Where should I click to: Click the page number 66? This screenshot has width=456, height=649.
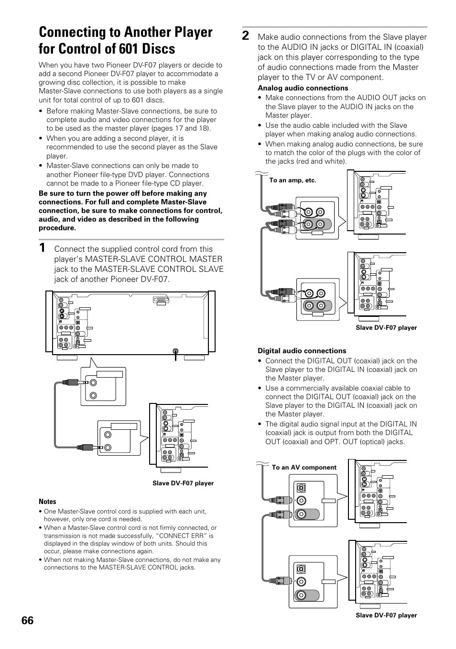pos(28,620)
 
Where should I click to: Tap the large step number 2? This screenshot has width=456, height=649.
pos(246,36)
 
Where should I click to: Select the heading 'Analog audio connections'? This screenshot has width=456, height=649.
pos(303,88)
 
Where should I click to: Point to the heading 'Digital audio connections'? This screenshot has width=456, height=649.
pos(302,351)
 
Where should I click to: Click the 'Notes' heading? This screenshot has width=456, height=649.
pos(47,502)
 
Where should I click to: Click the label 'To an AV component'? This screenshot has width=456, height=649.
pos(304,468)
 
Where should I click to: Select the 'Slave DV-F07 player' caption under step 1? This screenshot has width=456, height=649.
pos(183,483)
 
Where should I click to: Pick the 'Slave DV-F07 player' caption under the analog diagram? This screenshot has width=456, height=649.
pos(386,328)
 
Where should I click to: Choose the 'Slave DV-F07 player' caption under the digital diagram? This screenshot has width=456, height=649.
pos(386,615)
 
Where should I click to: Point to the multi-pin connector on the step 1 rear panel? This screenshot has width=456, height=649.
pos(161,300)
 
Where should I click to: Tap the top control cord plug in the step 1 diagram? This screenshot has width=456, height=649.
pos(72,382)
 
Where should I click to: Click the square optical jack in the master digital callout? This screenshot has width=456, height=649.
pos(301,487)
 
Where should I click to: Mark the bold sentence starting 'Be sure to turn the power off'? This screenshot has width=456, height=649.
pos(130,211)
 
